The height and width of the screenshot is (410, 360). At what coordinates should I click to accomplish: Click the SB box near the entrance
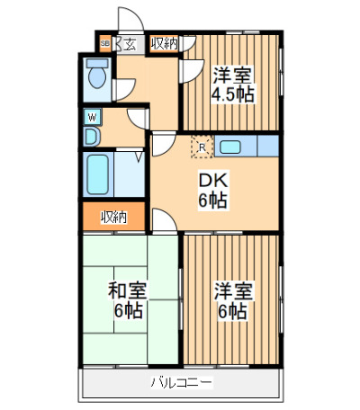tap(104, 44)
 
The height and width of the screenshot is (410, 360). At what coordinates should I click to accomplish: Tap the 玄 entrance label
tap(129, 45)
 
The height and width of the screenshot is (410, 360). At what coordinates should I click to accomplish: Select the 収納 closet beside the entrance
tap(164, 44)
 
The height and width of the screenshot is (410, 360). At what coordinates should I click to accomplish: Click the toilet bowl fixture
tap(97, 74)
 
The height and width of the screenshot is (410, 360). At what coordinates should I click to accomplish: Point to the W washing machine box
tap(93, 117)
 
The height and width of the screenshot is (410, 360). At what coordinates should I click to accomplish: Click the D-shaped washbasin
tap(91, 137)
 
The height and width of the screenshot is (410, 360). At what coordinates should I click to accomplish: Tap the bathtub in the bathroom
tap(98, 174)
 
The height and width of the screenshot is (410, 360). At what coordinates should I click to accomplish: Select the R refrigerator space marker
tap(202, 147)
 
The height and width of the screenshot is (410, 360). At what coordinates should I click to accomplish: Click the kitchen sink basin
tap(230, 147)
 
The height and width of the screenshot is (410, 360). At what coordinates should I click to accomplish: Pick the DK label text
tap(214, 181)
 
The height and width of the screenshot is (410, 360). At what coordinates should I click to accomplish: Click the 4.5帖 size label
tap(233, 94)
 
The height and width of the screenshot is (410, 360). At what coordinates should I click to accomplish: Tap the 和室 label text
tap(128, 290)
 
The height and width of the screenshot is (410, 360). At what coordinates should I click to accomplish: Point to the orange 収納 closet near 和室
tap(114, 217)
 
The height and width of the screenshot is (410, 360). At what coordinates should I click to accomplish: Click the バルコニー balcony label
tap(181, 382)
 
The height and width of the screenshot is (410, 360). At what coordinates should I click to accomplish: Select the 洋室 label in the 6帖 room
tap(233, 290)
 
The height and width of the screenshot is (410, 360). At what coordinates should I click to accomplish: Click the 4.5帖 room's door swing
tap(192, 71)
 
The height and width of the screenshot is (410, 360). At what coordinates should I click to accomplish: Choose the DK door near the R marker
tap(164, 145)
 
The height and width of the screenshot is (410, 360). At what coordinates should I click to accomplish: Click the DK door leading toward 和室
tap(164, 220)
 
